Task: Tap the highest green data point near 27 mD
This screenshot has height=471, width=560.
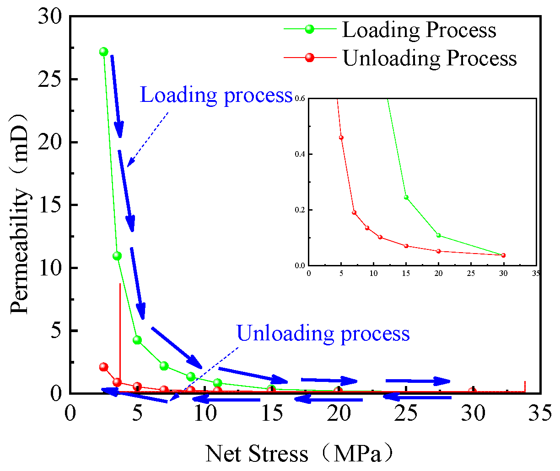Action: point(103,52)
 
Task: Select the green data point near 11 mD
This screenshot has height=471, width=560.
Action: point(117,256)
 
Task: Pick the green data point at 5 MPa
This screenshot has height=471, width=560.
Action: point(137,340)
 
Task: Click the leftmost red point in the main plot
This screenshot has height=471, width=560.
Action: point(103,367)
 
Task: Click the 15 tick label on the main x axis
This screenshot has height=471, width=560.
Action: point(272,414)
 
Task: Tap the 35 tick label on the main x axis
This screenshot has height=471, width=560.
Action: point(540,414)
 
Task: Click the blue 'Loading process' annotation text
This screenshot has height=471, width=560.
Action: point(216,95)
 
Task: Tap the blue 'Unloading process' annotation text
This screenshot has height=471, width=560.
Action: point(323,333)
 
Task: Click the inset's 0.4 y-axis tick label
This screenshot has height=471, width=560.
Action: point(300,154)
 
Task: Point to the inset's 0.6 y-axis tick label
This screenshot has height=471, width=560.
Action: point(300,99)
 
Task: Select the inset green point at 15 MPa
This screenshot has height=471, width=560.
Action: point(406,197)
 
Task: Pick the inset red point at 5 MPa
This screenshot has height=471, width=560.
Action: point(341,138)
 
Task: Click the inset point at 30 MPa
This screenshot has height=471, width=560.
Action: point(503,255)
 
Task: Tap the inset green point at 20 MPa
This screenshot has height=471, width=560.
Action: point(438,235)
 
